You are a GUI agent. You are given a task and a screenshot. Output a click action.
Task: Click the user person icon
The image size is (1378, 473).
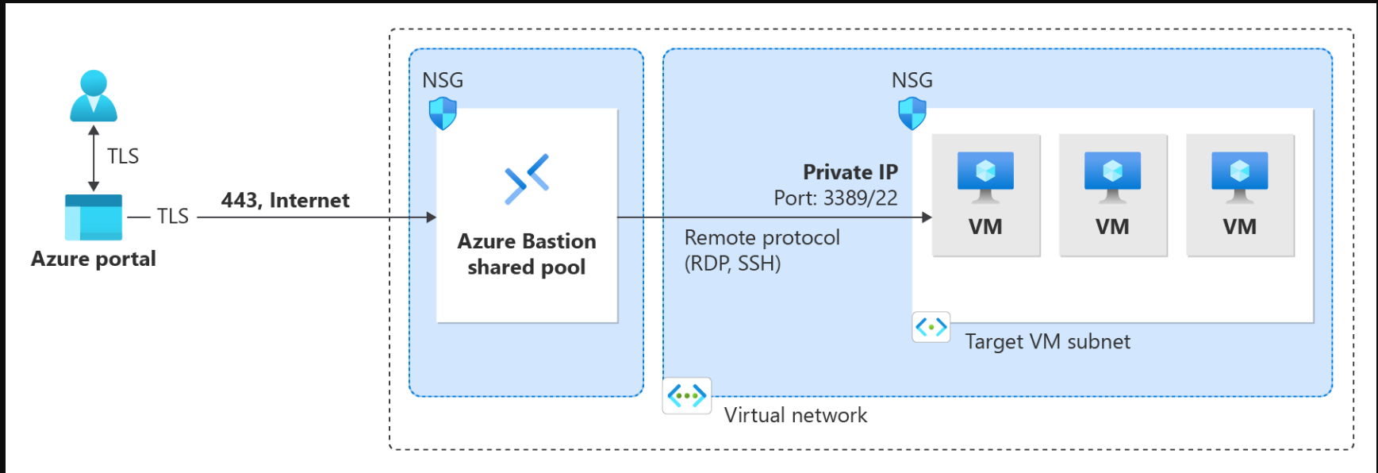tap(94, 95)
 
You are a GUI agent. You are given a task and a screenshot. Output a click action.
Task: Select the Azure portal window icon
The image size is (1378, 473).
tap(94, 217)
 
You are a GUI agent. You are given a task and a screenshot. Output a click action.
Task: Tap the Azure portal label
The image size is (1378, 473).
tap(94, 259)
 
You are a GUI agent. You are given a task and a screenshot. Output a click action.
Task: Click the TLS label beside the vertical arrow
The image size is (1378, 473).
tap(123, 156)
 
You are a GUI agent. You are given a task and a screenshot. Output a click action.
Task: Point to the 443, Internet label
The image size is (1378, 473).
tap(286, 200)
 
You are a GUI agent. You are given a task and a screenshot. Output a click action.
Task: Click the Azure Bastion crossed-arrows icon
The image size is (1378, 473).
tap(527, 179)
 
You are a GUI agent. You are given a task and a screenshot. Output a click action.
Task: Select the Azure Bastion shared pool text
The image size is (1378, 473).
tap(527, 254)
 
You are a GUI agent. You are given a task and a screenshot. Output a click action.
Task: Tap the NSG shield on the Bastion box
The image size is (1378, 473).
tap(443, 113)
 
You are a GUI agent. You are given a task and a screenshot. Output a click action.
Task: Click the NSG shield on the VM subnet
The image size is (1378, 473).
tap(912, 113)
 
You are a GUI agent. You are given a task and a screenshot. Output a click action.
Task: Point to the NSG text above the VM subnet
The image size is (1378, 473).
tap(912, 80)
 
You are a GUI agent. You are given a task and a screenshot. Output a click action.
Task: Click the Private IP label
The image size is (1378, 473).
tap(850, 172)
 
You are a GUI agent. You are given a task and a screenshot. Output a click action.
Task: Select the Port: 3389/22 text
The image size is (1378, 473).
tap(835, 198)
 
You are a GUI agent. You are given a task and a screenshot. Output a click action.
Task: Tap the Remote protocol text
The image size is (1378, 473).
tap(762, 237)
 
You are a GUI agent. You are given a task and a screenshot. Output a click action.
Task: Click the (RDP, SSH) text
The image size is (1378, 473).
tap(733, 263)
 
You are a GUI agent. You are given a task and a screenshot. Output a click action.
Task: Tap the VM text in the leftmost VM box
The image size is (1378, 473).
tap(985, 227)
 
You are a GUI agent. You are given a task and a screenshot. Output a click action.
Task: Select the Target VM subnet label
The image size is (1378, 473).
tap(1047, 342)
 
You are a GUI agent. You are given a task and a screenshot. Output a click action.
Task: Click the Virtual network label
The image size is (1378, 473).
tap(796, 415)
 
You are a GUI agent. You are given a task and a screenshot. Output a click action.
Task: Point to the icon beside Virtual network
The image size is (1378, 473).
tap(687, 395)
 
